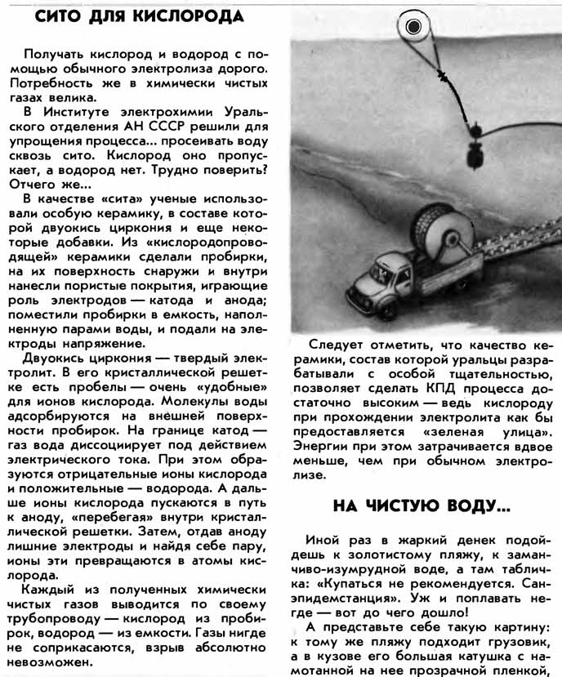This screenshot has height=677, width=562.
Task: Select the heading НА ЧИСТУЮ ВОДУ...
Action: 421,505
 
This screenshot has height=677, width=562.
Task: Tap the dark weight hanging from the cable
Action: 473,153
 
